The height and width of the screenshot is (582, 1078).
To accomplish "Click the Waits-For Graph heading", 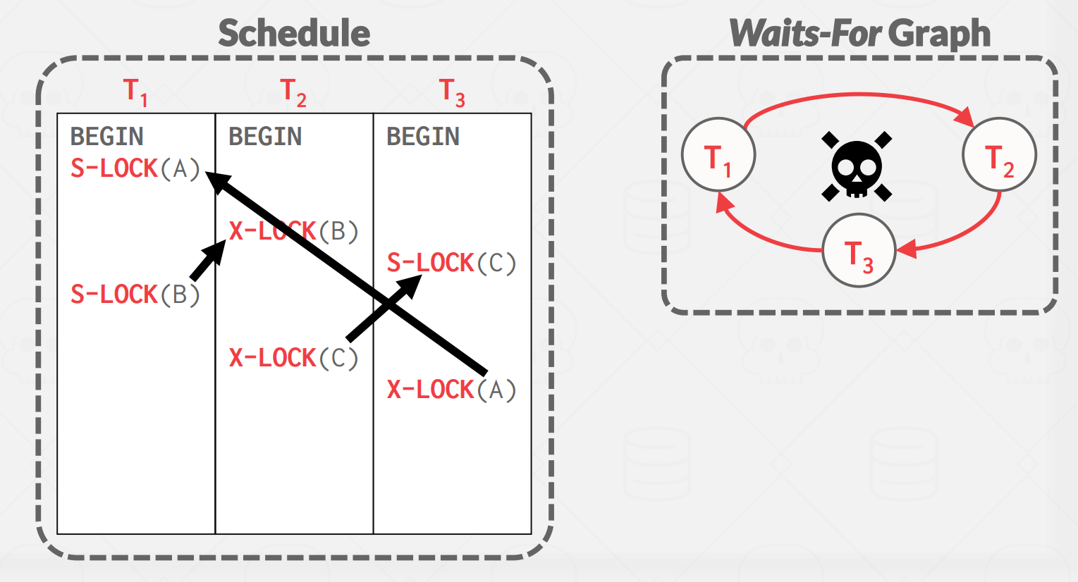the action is (860, 34).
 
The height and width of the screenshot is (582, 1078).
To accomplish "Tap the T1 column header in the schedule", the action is (135, 92).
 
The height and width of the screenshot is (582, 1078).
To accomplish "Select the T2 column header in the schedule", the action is (293, 92).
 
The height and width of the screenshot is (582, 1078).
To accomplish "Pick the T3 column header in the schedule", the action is (452, 92).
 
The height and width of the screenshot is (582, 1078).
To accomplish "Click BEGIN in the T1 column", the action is (107, 137).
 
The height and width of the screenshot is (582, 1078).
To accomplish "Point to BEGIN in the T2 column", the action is (265, 137).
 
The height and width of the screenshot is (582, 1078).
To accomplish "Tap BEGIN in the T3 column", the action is (423, 137).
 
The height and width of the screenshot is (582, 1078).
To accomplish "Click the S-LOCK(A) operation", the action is (135, 169).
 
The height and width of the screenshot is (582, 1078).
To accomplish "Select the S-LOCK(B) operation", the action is (135, 295).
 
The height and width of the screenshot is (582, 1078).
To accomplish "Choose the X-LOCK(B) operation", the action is (293, 231).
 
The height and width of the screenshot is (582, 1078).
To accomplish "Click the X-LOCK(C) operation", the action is (293, 358).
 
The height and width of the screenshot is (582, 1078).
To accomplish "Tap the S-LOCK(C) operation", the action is (451, 263).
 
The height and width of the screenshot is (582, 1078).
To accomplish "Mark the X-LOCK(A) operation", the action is (451, 390).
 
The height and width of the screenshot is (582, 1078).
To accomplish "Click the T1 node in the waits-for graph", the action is (718, 155).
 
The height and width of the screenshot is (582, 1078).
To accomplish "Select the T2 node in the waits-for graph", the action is (1000, 155).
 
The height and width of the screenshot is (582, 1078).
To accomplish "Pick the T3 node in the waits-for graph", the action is (859, 251).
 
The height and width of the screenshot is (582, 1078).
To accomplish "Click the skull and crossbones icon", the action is (857, 166).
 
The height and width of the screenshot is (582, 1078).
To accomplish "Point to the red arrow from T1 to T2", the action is (859, 94).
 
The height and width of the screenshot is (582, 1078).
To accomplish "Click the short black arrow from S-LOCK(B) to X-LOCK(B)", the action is (208, 260).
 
